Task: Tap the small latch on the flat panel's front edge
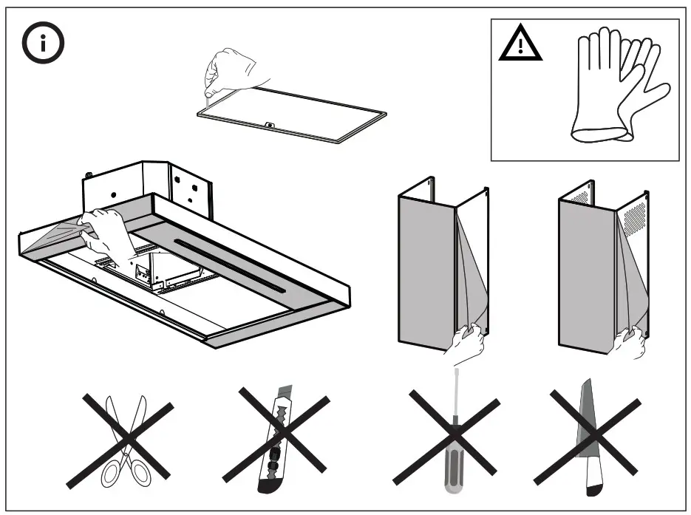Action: pyautogui.click(x=270, y=125)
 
